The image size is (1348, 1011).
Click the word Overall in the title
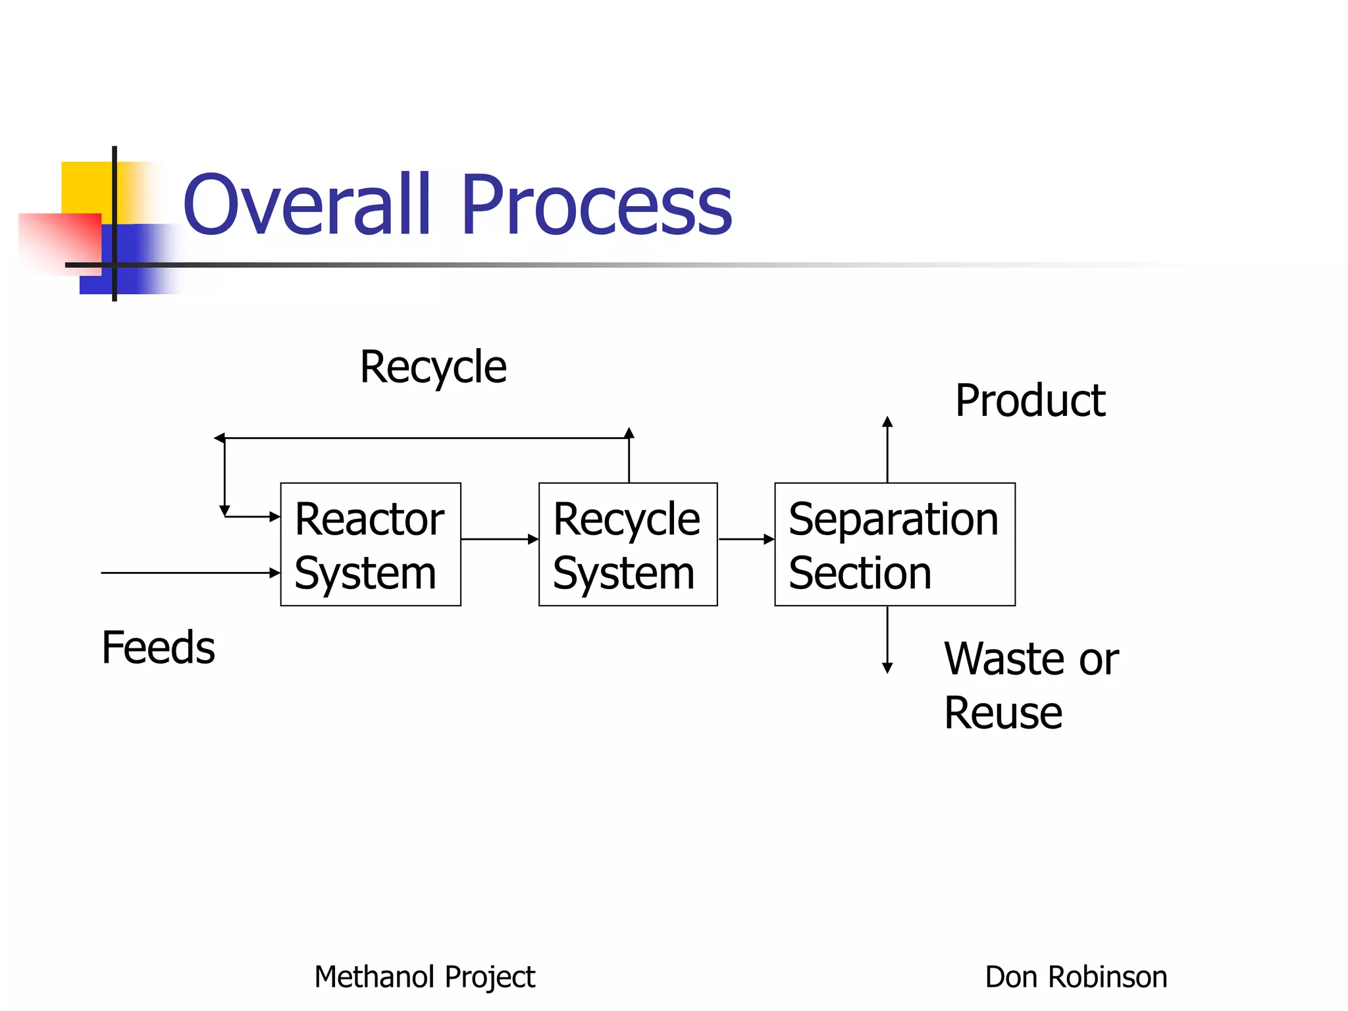tap(307, 204)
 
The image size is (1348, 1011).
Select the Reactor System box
tap(371, 544)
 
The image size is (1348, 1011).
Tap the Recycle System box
tap(628, 544)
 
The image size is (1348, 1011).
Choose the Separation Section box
tap(894, 544)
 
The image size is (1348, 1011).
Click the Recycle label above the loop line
tap(433, 367)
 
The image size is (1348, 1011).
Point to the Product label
tap(1030, 400)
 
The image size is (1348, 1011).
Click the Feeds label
tap(158, 647)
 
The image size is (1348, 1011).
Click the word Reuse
tap(1002, 713)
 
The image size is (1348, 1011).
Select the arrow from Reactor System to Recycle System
tap(500, 540)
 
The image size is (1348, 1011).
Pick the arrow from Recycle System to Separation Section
tap(746, 540)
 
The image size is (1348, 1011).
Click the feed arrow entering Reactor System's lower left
tap(191, 573)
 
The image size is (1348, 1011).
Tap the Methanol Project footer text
tap(425, 977)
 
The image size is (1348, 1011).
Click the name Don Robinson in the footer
tap(1076, 977)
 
